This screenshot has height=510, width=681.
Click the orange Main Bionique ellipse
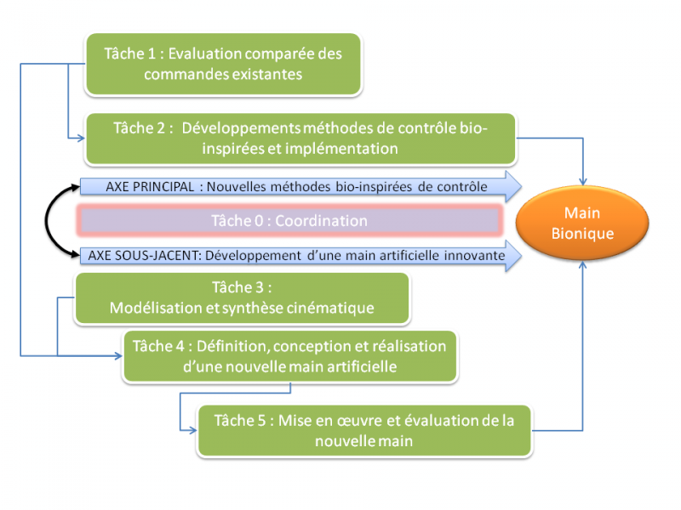point(582,223)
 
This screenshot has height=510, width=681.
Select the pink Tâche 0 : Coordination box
point(289,221)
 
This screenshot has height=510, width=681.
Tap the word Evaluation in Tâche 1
point(204,54)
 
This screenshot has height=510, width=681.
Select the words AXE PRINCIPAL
point(150,187)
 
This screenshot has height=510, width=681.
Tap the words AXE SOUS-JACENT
point(145,256)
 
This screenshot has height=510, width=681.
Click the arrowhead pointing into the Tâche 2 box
point(81,139)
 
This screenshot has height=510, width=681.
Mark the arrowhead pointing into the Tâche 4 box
point(118,356)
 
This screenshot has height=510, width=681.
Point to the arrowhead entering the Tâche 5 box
point(193,431)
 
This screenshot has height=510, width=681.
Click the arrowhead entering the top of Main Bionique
point(583,181)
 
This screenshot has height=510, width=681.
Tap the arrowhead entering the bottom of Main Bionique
point(582,265)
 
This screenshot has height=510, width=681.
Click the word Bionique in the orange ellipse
point(582,234)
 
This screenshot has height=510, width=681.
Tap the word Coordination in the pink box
point(322,221)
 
